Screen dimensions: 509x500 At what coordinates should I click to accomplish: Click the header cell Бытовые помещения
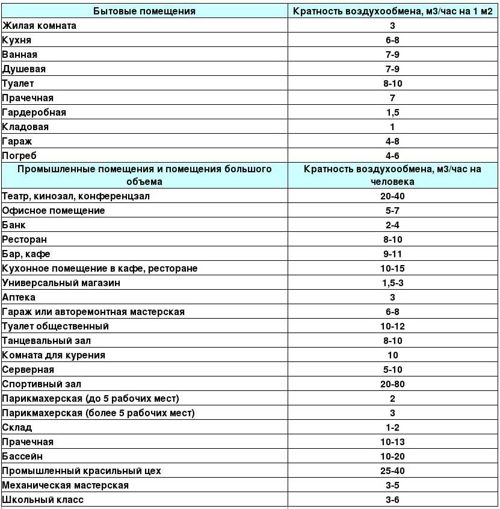click(x=145, y=11)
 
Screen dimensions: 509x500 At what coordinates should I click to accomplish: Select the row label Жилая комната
click(x=40, y=25)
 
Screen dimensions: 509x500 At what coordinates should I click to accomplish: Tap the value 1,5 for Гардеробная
click(x=392, y=112)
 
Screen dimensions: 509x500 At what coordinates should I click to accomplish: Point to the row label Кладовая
click(x=26, y=126)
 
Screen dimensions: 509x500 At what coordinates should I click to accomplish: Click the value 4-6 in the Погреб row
click(x=392, y=155)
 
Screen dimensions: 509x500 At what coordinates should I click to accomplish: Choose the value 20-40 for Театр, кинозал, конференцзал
click(x=392, y=196)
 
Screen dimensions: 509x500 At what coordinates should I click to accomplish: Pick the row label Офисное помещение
click(x=54, y=211)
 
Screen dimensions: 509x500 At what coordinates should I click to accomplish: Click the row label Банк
click(x=14, y=225)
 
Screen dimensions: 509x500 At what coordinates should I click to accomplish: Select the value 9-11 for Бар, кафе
click(x=392, y=254)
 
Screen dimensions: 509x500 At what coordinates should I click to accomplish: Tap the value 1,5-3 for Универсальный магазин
click(x=392, y=283)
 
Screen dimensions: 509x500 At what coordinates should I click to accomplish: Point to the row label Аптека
click(x=19, y=298)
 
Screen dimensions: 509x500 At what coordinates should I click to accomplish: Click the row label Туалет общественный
click(x=55, y=326)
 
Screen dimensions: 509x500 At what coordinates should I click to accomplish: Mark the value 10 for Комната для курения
click(x=392, y=355)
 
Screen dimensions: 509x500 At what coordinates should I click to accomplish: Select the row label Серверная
click(x=28, y=370)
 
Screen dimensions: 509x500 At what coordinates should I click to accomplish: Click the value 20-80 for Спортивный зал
click(x=392, y=384)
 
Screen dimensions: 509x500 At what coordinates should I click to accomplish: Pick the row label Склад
click(x=17, y=428)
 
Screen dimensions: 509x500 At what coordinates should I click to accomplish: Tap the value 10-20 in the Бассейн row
click(x=392, y=457)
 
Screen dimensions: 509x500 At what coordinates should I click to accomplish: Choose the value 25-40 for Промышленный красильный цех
click(x=392, y=471)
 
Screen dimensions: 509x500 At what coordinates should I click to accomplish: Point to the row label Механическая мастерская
click(x=66, y=486)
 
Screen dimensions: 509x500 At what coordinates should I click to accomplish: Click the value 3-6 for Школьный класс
click(x=392, y=500)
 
